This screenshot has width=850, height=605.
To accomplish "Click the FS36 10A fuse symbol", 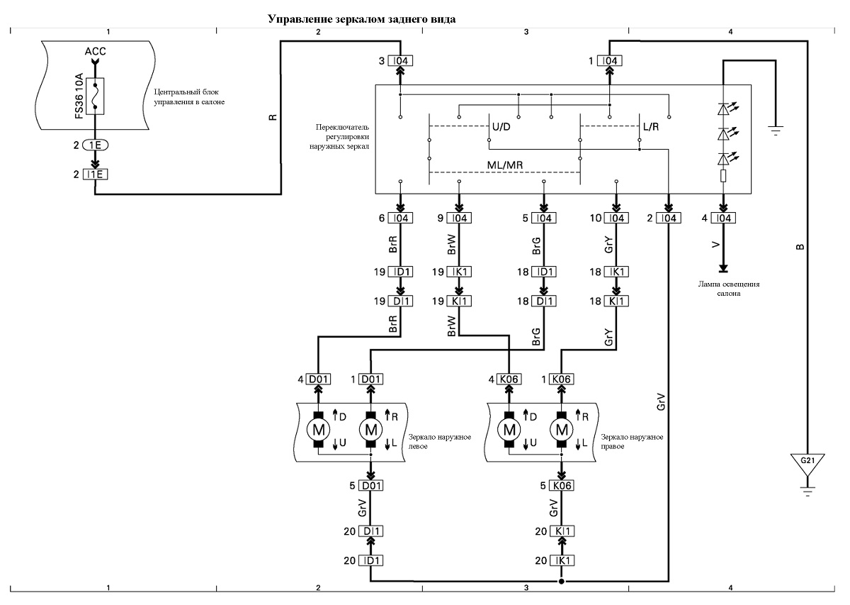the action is coord(95,96).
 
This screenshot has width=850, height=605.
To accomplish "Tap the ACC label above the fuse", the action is coord(95,51).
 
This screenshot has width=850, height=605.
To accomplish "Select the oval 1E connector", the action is coord(95,145).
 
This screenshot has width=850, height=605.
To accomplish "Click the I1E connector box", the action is coord(95,174).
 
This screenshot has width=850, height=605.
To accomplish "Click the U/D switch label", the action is coord(501,127).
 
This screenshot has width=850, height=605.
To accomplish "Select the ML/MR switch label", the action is coord(504,165).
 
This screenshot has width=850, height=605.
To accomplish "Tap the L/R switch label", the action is coord(651,127).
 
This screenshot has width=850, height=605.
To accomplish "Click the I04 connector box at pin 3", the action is coord(400,61).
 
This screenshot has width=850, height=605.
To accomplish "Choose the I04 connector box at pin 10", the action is coord(616,218).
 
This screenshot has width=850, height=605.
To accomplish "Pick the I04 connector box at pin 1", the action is coord(609,61).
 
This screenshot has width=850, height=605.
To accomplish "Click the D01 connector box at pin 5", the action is coord(370,486).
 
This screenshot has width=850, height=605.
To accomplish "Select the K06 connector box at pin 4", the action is coord(509,379).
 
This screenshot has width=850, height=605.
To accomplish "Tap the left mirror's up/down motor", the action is coord(318,430).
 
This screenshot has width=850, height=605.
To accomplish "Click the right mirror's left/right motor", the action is coord(562,430).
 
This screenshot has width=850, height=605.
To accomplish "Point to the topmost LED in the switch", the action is coord(724,109).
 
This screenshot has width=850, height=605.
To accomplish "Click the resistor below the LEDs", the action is coord(723,176).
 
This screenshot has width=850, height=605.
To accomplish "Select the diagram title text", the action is coord(362,19).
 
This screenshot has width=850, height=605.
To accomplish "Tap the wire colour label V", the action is coord(716,245).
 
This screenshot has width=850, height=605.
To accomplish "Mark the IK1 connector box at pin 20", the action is coord(562,560).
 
